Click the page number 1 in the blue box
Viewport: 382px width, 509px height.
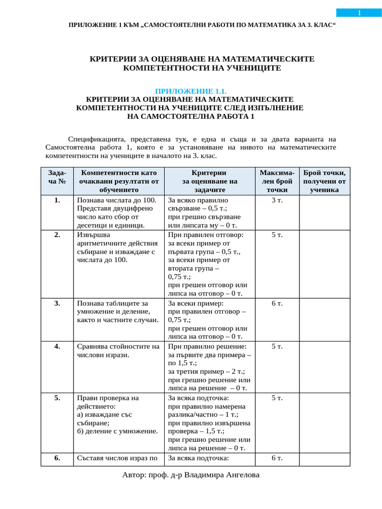coord(359,13)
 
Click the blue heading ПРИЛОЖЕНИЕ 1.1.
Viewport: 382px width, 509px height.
coord(191,91)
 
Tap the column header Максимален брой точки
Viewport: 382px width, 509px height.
coord(277,181)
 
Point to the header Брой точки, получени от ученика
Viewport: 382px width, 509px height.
coord(324,181)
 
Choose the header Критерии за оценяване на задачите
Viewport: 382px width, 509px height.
coord(209,181)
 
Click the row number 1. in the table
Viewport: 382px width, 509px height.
coord(58,200)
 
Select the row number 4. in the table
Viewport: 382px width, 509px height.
coord(58,346)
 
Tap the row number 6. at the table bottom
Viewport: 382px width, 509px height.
coord(58,458)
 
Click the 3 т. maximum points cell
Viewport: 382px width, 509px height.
coord(277,200)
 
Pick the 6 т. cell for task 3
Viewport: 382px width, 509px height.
coord(277,303)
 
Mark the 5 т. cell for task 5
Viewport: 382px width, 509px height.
coord(277,398)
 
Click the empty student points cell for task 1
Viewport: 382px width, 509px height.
coord(324,212)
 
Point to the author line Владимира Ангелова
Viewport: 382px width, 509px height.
coord(191,475)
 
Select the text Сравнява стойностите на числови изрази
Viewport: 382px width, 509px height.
coord(118,350)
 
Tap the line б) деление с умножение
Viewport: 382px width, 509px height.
coord(117,431)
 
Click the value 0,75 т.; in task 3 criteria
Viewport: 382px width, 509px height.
coord(180,320)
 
